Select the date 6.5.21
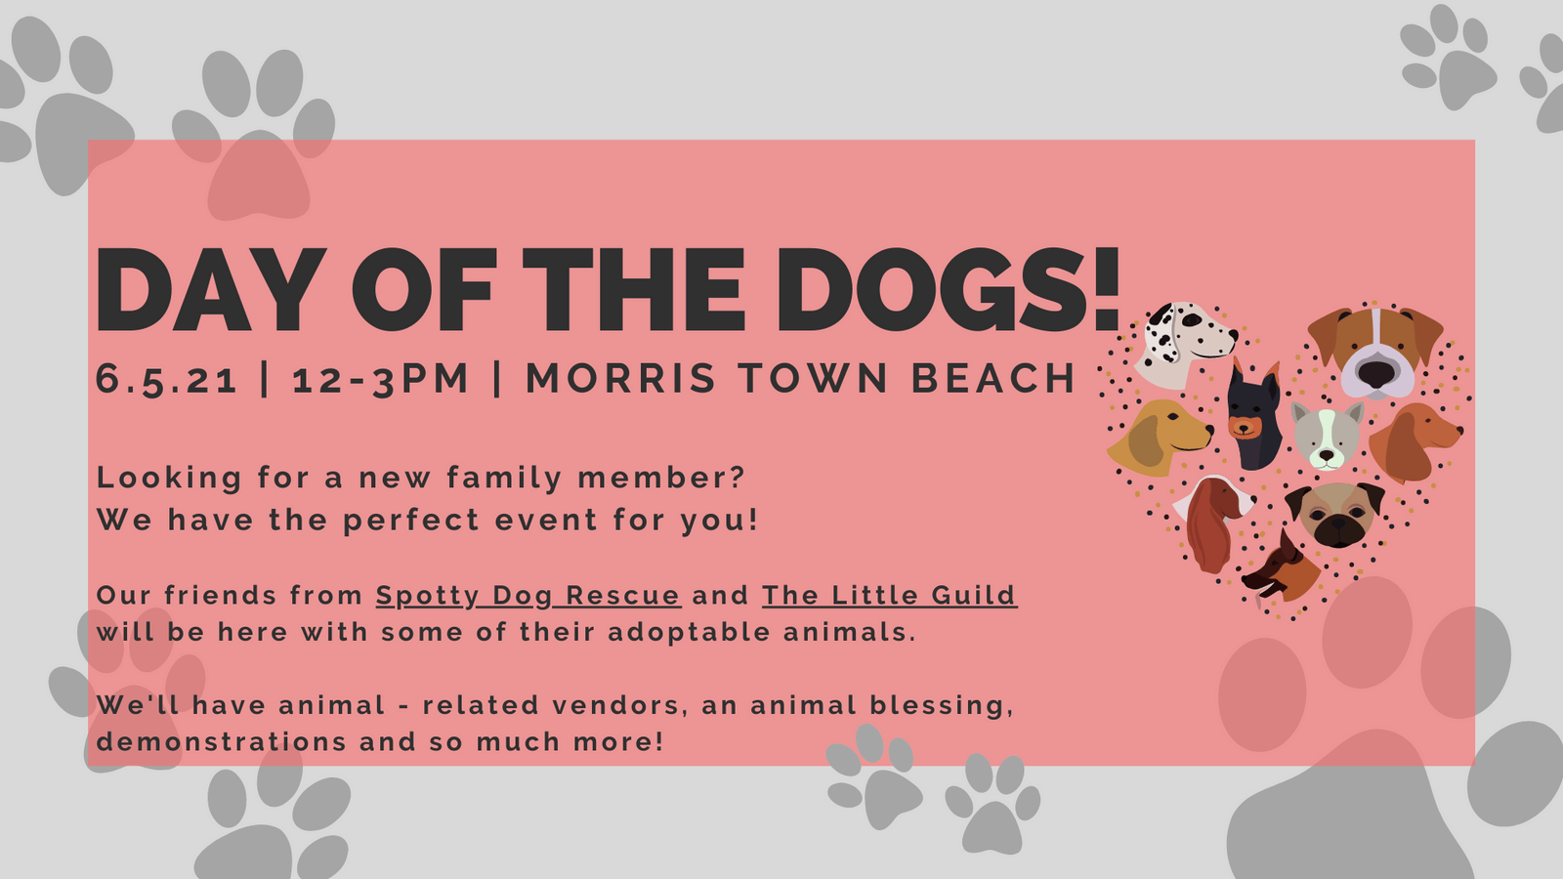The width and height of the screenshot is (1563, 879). pyautogui.click(x=167, y=379)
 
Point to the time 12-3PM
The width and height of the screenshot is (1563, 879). pyautogui.click(x=381, y=379)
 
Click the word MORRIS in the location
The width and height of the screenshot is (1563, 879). pyautogui.click(x=621, y=379)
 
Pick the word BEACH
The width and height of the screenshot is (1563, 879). pyautogui.click(x=993, y=379)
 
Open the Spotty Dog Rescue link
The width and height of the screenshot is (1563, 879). pyautogui.click(x=528, y=595)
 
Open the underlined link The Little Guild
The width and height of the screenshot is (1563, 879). pyautogui.click(x=889, y=595)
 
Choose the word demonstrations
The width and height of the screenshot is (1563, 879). pyautogui.click(x=221, y=742)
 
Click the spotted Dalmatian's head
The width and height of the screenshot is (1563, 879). pyautogui.click(x=1184, y=342)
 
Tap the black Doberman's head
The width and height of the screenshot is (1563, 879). pyautogui.click(x=1253, y=418)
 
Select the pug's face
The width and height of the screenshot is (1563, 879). pyautogui.click(x=1335, y=514)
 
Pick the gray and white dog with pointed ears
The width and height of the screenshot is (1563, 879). pyautogui.click(x=1326, y=434)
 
